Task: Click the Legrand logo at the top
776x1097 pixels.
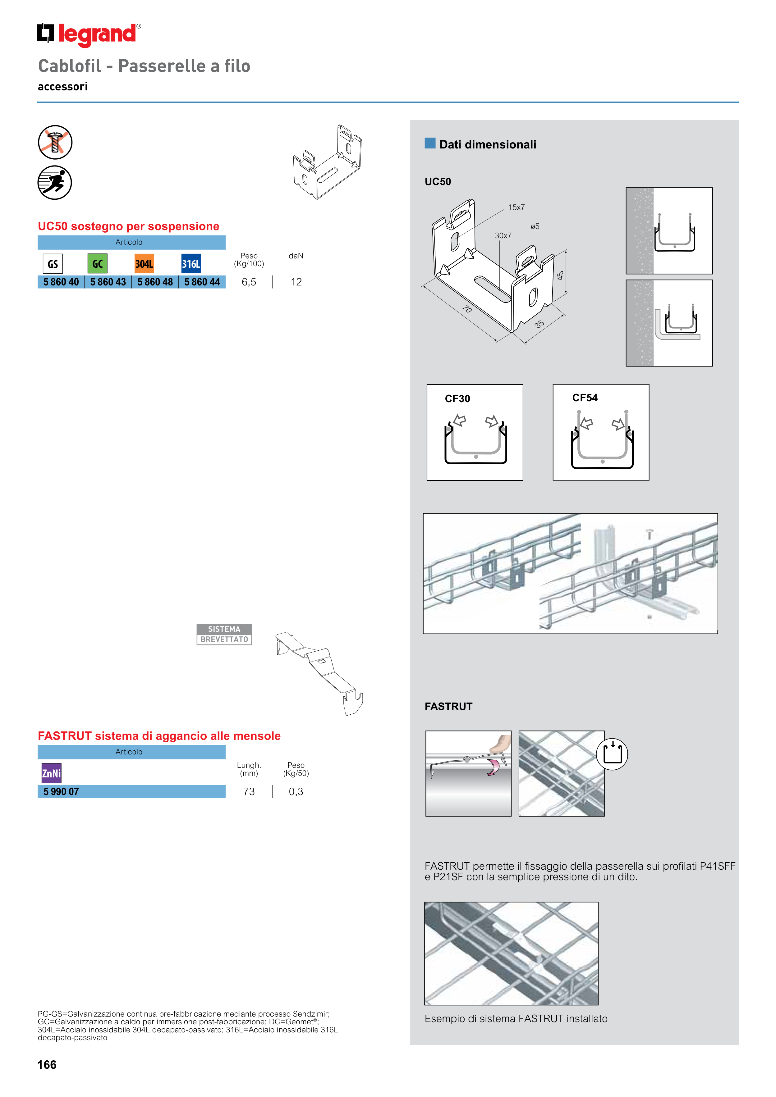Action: (89, 34)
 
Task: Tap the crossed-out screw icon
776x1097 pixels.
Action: (55, 142)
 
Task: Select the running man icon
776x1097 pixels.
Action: (55, 183)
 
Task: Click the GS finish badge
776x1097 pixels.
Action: (53, 264)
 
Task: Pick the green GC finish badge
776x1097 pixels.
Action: (98, 264)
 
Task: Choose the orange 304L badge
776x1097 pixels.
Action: (144, 264)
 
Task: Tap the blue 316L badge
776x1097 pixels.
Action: (191, 264)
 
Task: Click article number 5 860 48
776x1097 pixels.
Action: (155, 282)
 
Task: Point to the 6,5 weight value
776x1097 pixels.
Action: (249, 282)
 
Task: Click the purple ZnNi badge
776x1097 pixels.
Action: (51, 773)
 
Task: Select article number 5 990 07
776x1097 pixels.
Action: (61, 792)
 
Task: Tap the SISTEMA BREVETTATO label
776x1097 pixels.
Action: (224, 635)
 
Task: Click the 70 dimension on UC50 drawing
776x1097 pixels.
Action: (467, 309)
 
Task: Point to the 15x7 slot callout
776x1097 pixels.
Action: (517, 207)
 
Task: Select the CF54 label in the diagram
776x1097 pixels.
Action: (585, 398)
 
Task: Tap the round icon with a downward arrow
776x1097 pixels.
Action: (612, 754)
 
